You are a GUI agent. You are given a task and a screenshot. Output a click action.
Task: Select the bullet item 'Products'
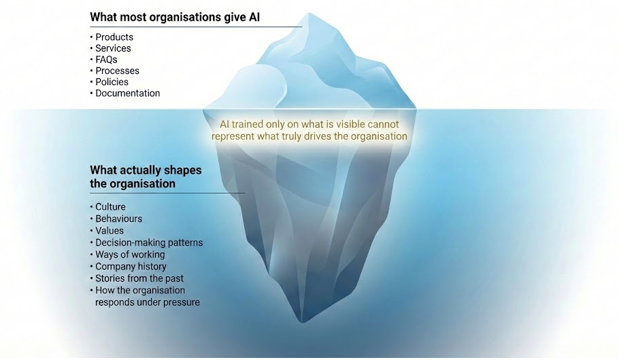coord(114,37)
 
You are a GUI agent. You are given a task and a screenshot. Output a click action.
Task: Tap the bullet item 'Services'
coord(113,48)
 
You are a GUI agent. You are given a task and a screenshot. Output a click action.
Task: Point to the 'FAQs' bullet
coord(106,60)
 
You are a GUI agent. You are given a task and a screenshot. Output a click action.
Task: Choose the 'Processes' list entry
coord(117,71)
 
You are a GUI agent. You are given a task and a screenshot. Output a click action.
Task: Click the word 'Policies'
coord(112,82)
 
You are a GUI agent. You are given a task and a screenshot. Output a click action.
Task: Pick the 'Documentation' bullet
coord(127,93)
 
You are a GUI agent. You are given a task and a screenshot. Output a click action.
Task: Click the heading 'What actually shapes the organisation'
coord(146,177)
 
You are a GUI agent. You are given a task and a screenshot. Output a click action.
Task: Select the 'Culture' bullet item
coord(110,207)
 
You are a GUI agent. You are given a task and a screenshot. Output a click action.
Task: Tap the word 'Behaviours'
coord(118,219)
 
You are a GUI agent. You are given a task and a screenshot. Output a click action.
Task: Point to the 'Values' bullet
coord(110,231)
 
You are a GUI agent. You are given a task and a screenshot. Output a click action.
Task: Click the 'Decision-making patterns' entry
coord(149,242)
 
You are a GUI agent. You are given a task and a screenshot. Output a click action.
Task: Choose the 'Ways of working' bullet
coord(130,255)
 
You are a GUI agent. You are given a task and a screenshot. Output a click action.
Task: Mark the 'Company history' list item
coord(131,267)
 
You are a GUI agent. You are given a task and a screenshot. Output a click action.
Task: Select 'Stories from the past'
coord(139,278)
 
